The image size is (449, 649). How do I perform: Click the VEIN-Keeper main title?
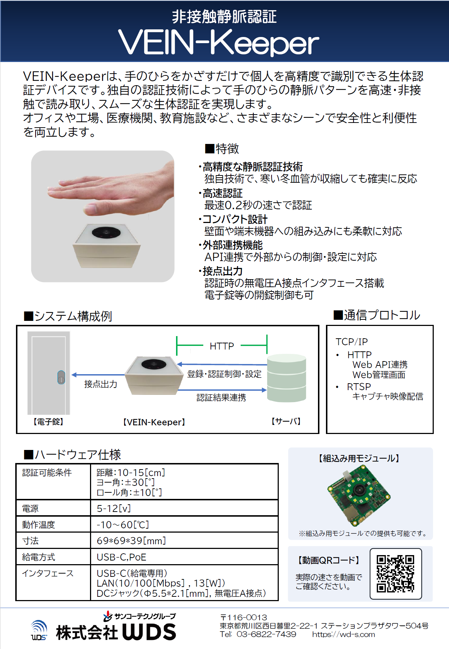click(219, 43)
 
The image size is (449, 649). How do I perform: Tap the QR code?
click(395, 574)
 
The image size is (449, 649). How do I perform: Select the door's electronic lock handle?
click(61, 377)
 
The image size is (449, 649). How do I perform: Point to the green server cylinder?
click(286, 378)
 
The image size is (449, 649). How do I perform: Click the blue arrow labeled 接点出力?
click(98, 375)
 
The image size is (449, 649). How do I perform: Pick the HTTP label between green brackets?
click(222, 346)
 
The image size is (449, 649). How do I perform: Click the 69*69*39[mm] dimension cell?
click(131, 541)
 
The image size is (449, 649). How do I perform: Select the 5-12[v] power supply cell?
click(114, 508)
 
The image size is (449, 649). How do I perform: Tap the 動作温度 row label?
click(38, 525)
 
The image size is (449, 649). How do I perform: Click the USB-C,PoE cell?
click(122, 557)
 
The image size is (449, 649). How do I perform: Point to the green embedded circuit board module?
click(359, 495)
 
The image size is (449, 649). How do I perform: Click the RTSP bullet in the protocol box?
click(359, 387)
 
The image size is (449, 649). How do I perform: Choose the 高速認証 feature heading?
click(223, 193)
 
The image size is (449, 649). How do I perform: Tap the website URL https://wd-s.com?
click(343, 634)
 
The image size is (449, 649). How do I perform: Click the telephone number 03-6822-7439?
click(266, 634)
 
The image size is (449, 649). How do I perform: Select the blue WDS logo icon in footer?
click(39, 630)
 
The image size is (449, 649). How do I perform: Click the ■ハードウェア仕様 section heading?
click(72, 455)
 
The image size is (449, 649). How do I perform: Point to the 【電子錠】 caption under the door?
click(48, 422)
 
